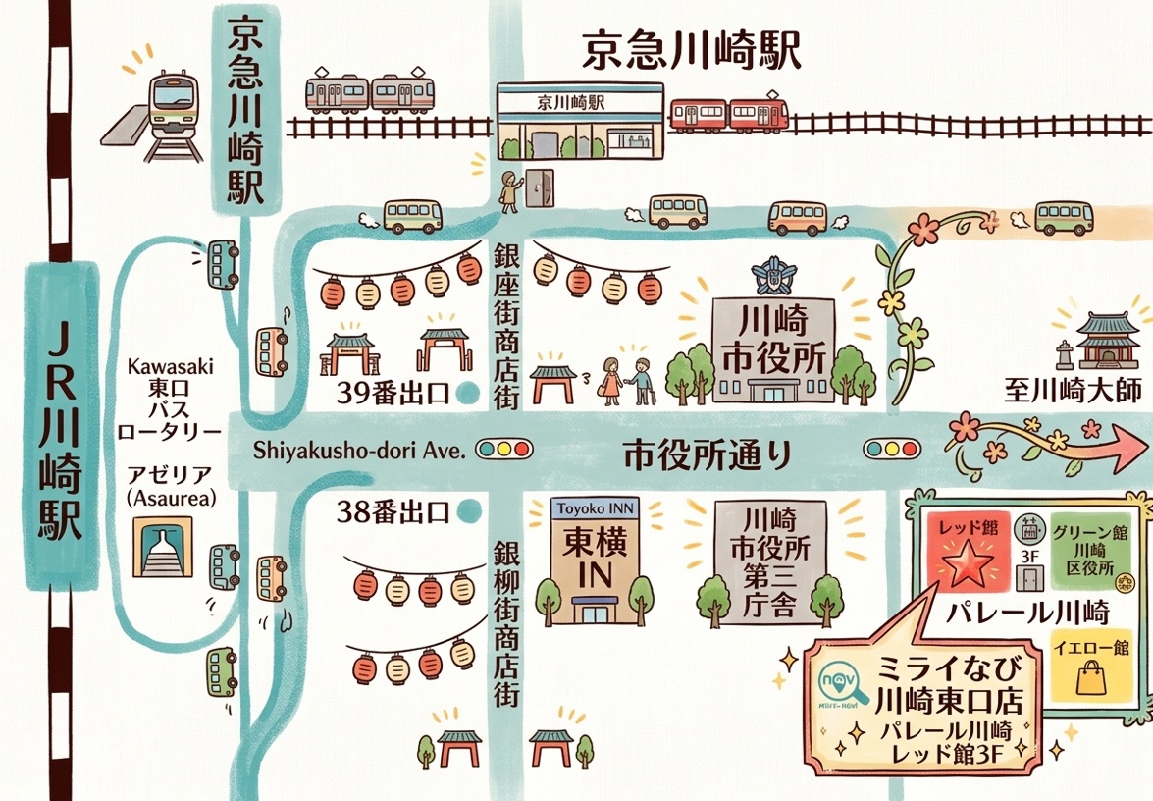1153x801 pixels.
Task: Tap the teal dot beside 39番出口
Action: tap(470, 395)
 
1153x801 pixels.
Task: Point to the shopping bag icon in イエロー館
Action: tap(1090, 678)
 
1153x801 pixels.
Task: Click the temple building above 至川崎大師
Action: tap(1107, 340)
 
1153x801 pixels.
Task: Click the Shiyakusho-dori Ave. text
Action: tap(357, 451)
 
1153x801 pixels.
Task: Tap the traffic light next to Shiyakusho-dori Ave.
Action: tap(502, 451)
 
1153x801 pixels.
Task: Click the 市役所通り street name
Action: tap(707, 454)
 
